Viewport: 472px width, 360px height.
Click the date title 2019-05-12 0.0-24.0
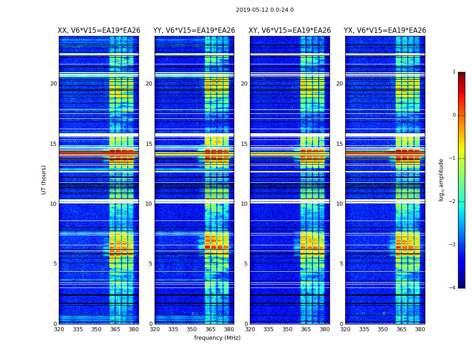(265, 10)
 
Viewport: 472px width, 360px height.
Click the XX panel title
(99, 31)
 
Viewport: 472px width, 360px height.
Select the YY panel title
(194, 31)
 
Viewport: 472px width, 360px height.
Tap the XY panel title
(290, 31)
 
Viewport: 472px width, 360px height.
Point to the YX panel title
(385, 31)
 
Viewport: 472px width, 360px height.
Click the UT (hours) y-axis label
(44, 180)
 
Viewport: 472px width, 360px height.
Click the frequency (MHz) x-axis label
(217, 338)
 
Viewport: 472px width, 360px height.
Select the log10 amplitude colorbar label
(441, 180)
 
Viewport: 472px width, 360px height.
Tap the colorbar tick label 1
(454, 72)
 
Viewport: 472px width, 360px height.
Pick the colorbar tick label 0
(454, 115)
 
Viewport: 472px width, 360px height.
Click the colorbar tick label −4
(453, 288)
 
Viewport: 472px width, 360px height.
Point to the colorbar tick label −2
(453, 202)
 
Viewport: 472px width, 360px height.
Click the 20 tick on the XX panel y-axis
(53, 84)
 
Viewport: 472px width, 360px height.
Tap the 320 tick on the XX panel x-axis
(59, 329)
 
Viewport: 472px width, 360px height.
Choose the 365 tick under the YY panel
(210, 329)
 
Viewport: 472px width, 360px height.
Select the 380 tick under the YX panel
(420, 329)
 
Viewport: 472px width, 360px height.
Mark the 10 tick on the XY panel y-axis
(245, 204)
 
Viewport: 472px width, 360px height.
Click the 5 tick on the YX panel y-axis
(342, 264)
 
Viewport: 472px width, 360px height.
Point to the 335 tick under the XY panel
(269, 329)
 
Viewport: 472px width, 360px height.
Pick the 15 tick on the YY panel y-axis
(149, 144)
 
